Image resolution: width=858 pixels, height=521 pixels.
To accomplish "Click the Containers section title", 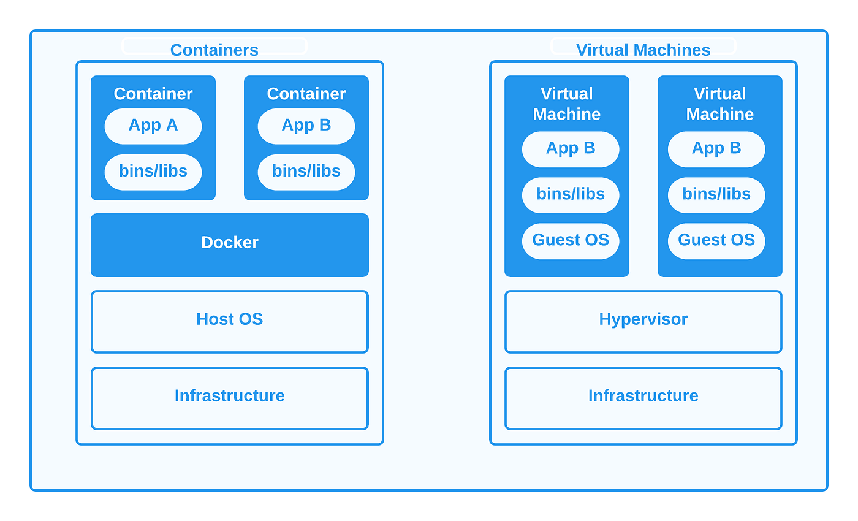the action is pos(214,50).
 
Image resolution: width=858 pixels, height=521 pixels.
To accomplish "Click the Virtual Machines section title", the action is pos(643,50).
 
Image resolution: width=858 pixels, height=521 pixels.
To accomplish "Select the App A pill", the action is pos(153,126).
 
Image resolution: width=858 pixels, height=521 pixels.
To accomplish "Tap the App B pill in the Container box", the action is pos(306,126).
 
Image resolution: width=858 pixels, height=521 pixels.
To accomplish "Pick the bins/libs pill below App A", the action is pos(153,172).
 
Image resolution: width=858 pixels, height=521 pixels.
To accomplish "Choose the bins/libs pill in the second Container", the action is pos(306,172).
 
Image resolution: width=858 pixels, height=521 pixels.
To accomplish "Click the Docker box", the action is pos(230,245).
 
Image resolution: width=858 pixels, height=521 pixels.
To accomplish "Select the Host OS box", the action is pos(230,321).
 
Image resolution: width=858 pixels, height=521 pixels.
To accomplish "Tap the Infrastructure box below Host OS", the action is pos(230,398).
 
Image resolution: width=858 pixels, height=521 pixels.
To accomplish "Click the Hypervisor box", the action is pos(643,321).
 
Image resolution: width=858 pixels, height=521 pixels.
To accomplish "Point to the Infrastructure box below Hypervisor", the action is pos(643,398).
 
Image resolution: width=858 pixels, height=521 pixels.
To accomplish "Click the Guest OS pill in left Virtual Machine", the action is pos(571,241).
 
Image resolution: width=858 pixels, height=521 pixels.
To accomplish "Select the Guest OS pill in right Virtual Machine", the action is pos(716,241).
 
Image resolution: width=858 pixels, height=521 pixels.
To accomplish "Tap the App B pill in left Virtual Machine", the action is pos(571,149).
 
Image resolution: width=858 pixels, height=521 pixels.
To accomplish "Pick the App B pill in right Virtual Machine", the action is pos(716,149).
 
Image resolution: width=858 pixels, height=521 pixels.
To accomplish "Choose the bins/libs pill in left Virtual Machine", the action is pos(571,195).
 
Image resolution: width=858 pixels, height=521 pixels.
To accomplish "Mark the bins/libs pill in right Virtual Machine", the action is pos(716,195).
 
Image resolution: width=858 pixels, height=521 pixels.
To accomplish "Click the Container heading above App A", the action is pos(153,94).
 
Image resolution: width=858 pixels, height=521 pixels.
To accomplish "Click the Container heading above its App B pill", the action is pos(306,94).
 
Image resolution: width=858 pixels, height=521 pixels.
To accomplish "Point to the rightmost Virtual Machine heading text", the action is pos(719,104).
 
